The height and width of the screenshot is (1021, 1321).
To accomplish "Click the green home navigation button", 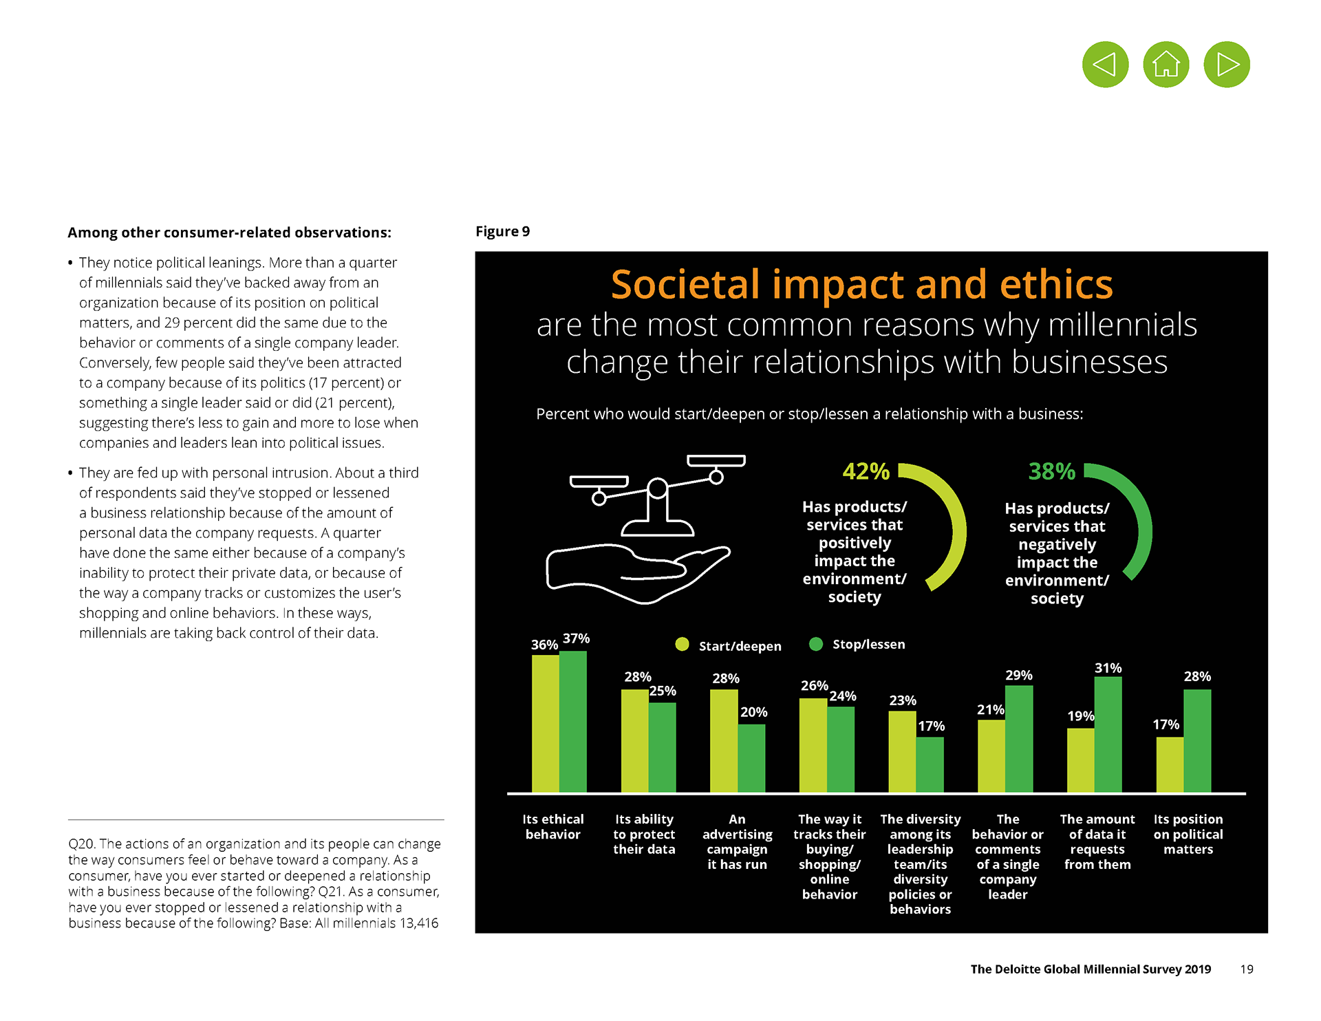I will pos(1166,65).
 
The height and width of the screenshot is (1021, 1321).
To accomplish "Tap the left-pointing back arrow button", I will pos(1105,65).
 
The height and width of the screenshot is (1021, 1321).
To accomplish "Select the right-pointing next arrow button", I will pos(1227,65).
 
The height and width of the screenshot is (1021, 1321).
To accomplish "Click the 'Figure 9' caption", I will pos(502,231).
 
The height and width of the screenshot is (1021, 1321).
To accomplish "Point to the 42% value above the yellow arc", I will pos(866,471).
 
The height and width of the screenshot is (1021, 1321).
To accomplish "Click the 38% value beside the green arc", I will pos(1051,471).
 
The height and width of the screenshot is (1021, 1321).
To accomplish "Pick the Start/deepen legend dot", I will pos(682,644).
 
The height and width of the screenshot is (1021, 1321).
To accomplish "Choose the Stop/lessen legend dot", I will pos(816,644).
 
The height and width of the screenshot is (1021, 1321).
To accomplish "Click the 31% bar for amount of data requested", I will pos(1108,734).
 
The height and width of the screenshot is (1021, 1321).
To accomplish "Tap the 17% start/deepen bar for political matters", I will pos(1170,764).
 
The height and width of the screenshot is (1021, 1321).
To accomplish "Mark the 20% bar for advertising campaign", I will pos(751,757).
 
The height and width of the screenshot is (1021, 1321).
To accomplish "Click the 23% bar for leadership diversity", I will pos(902,751).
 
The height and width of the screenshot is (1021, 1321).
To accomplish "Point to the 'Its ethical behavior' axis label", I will pos(552,826).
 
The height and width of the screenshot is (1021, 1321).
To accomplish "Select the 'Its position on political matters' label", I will pos(1188,834).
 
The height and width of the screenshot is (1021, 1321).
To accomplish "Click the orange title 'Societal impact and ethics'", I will pos(861,284).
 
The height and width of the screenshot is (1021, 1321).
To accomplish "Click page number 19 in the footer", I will pos(1247,969).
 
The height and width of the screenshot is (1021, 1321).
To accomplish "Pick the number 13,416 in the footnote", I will pos(418,923).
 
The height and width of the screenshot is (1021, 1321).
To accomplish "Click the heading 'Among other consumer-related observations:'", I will pos(229,233).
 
